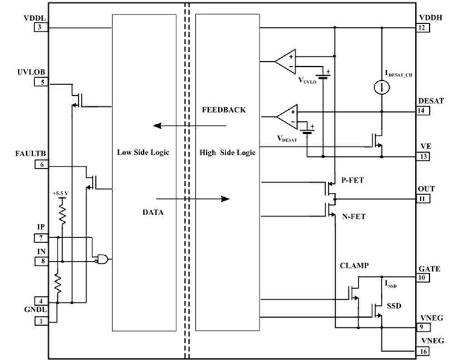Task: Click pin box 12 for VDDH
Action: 423,28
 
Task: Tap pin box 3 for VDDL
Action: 41,27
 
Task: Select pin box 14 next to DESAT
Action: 423,111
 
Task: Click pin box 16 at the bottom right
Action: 423,351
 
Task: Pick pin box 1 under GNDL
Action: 41,321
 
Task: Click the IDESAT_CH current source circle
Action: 382,87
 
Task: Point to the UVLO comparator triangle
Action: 285,61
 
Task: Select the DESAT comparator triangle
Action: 287,116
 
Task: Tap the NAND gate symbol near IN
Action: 102,259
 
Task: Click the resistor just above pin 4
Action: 58,283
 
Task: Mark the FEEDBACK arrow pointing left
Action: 190,125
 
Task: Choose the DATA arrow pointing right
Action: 193,199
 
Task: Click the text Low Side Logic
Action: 143,152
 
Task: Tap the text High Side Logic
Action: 227,152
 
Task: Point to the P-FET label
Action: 352,181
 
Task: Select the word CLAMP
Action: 354,265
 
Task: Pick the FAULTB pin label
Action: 31,154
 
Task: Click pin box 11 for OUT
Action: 423,199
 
